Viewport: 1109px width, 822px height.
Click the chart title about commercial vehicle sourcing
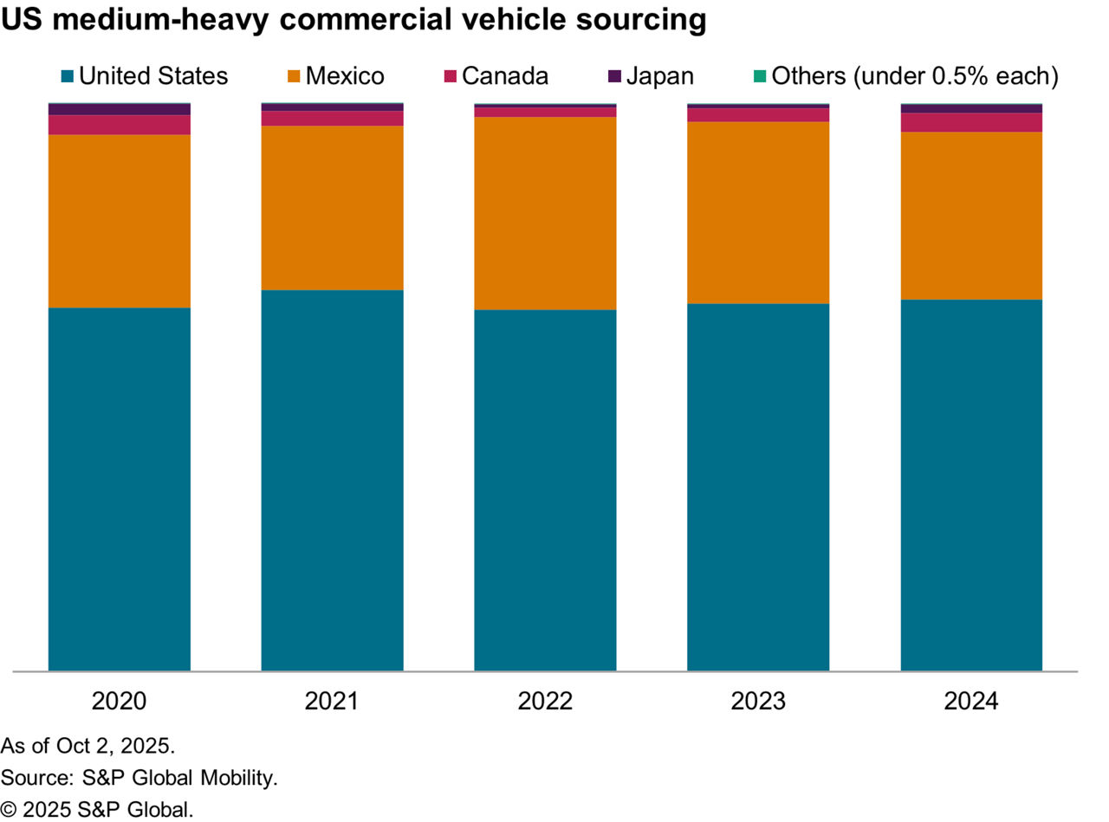click(x=353, y=20)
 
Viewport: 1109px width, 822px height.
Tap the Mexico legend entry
click(x=335, y=76)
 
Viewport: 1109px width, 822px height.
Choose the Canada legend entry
click(x=496, y=76)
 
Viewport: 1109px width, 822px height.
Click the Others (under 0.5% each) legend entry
click(x=905, y=76)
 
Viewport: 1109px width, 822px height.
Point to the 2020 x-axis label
click(x=119, y=701)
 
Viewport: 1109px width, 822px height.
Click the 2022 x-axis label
click(x=545, y=701)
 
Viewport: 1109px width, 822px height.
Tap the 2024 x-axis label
click(x=971, y=701)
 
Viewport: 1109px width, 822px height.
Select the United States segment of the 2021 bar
click(x=332, y=480)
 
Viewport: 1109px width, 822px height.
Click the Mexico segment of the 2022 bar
click(x=545, y=213)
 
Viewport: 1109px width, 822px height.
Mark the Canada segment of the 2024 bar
click(x=971, y=122)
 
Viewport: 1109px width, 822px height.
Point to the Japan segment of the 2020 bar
click(x=119, y=109)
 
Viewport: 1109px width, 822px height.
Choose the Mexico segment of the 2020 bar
click(x=119, y=221)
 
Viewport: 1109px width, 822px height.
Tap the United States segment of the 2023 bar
click(x=758, y=487)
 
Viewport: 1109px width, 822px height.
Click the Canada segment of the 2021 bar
click(x=332, y=119)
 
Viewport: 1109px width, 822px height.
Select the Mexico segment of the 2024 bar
click(x=971, y=216)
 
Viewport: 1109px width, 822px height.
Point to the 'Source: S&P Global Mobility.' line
click(x=139, y=778)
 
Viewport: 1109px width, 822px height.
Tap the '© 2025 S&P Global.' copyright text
click(x=96, y=810)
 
